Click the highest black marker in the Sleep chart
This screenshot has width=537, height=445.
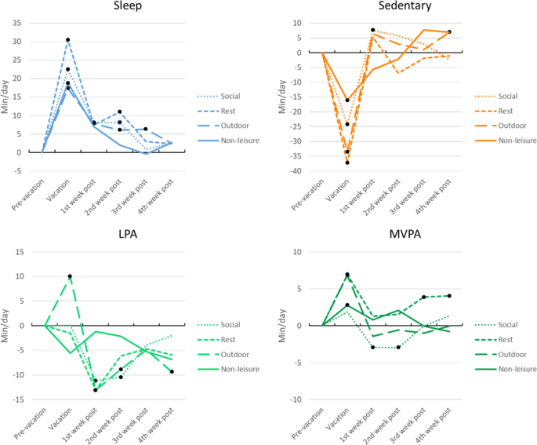click(x=67, y=40)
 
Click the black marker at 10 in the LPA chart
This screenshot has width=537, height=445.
click(x=70, y=276)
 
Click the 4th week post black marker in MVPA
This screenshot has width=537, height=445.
click(x=449, y=296)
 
